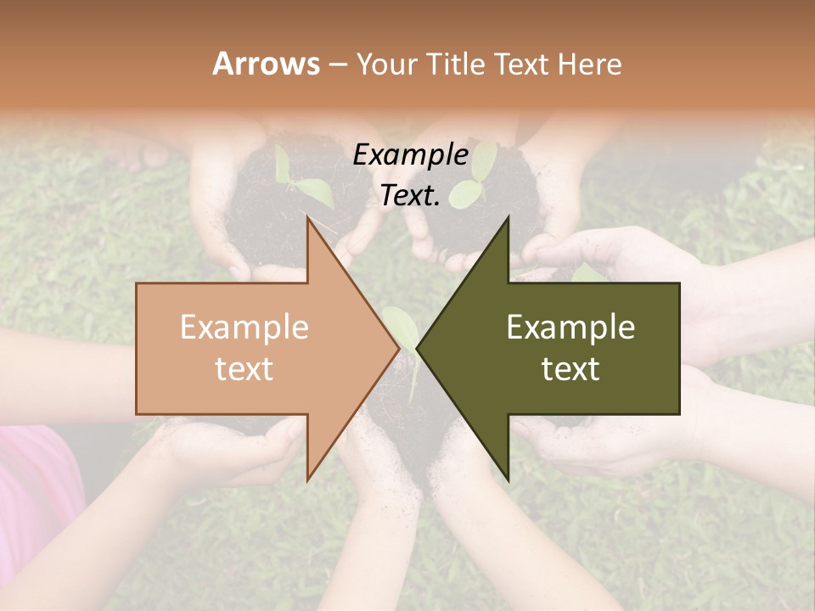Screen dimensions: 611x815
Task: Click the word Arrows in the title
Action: [266, 64]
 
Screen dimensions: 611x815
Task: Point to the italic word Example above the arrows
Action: [410, 154]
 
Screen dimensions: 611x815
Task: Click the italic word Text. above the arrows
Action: [410, 196]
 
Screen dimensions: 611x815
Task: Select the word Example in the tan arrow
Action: [244, 328]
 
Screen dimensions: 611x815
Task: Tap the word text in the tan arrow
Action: [244, 369]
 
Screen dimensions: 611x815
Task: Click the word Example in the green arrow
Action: [570, 328]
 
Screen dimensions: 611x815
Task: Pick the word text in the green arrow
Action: [570, 369]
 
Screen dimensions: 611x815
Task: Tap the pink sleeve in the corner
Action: [34, 492]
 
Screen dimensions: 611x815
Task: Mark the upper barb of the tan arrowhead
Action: [308, 221]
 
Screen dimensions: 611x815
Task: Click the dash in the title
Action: [337, 64]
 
